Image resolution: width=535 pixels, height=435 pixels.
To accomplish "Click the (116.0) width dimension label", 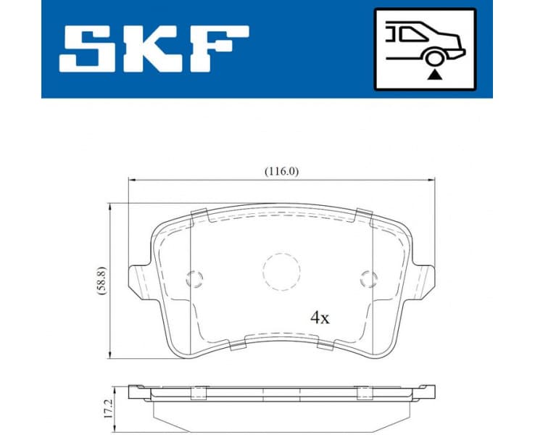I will [281, 171].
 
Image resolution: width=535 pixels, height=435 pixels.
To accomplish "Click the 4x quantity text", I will [320, 318].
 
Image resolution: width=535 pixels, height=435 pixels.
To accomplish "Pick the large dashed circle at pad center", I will [281, 272].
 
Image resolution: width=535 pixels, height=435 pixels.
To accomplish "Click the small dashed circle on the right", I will [369, 277].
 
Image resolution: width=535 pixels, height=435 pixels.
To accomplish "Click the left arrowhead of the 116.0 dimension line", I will [131, 179].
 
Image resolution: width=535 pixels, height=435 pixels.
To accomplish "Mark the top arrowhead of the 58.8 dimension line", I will [110, 207].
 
